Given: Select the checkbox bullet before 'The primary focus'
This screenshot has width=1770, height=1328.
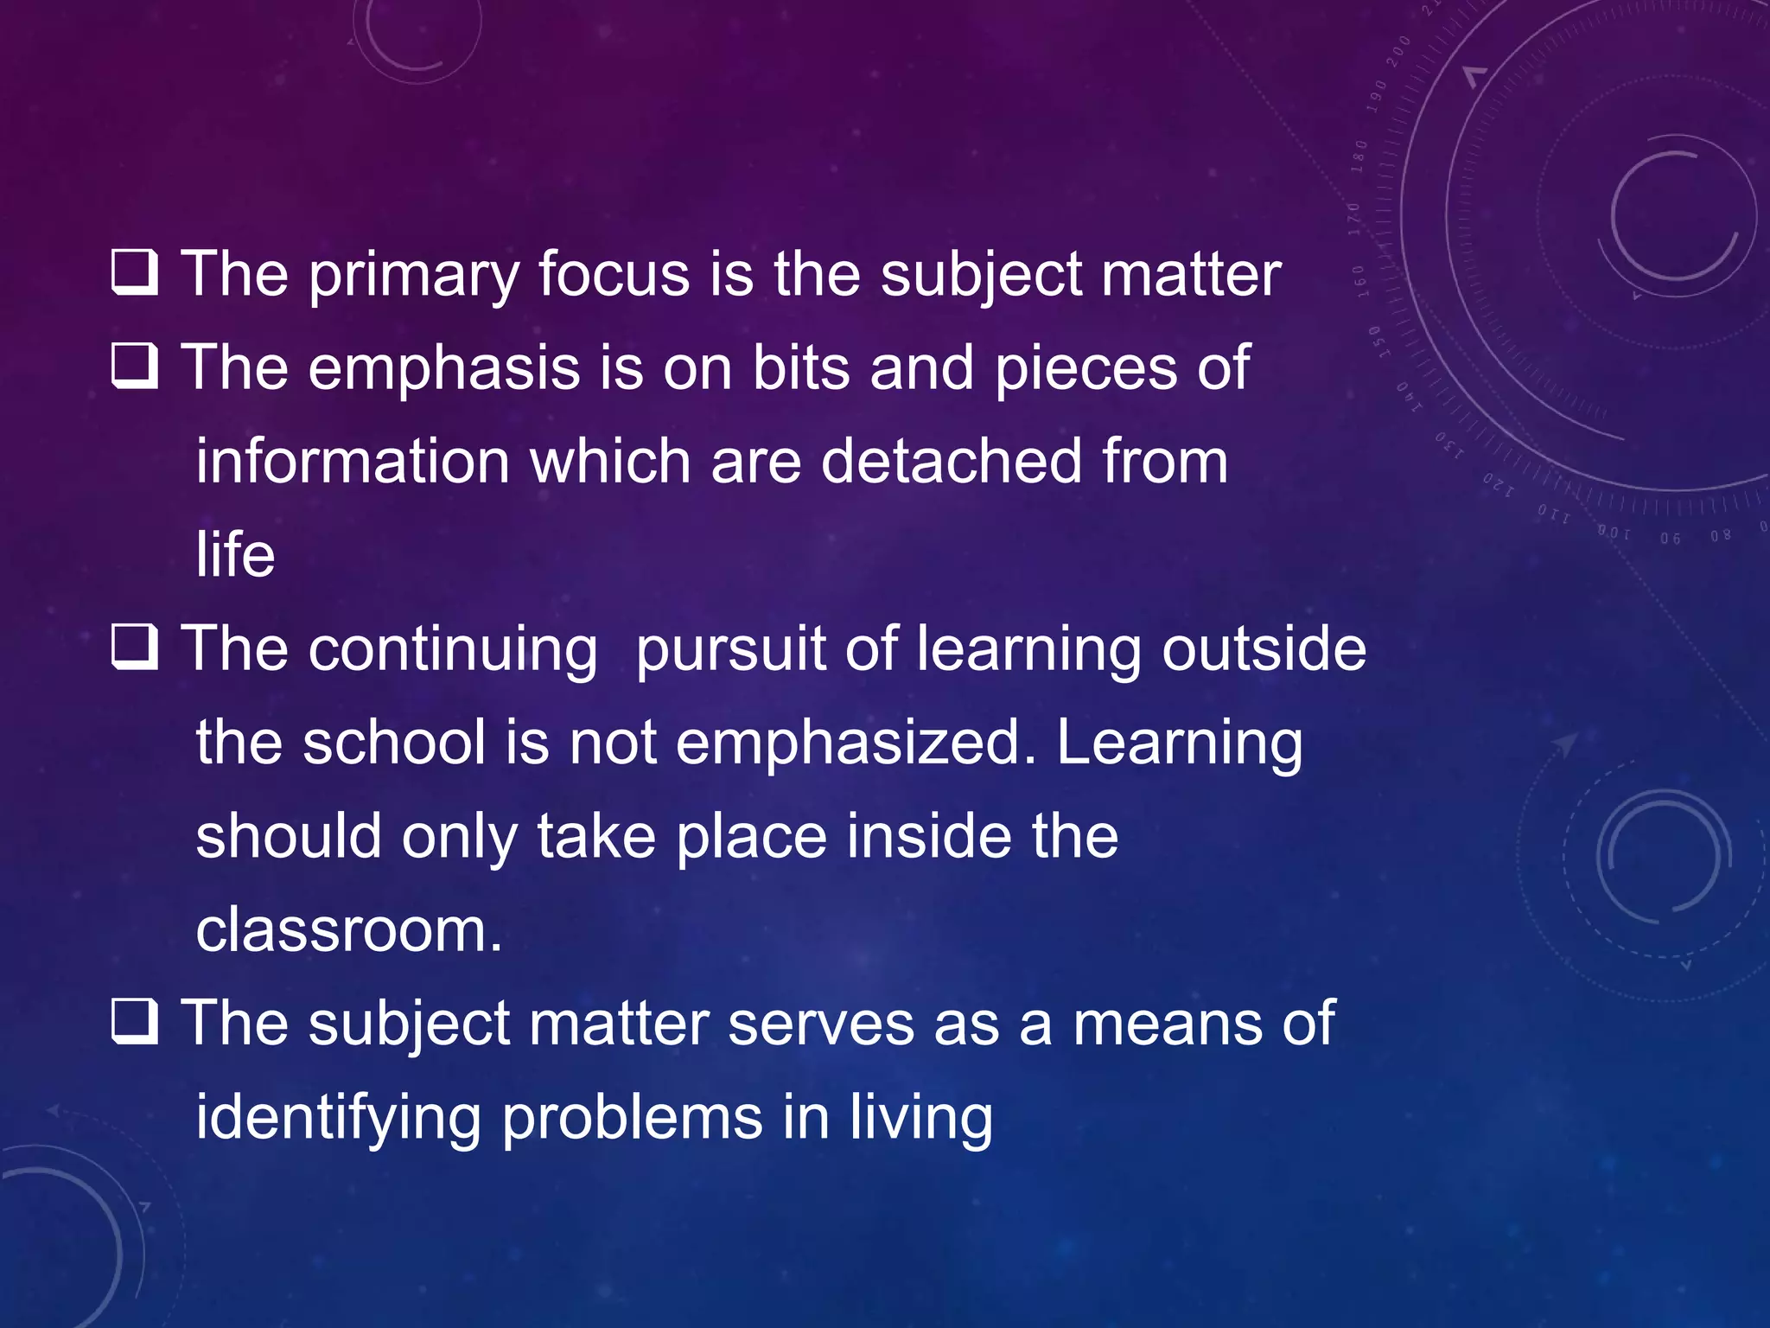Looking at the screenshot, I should point(135,272).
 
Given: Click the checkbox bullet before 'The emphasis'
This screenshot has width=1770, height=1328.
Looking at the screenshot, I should point(135,366).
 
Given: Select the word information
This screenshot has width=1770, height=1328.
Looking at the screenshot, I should point(353,461).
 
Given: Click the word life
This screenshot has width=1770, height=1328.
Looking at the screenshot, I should point(235,555).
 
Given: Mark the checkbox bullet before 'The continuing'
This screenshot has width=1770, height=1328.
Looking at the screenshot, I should point(135,648).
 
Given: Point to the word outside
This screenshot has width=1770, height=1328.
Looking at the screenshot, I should point(1264,648).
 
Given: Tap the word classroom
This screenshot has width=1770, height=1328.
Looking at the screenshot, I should point(348,931).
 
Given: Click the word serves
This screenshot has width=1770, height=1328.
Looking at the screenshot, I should point(820,1025).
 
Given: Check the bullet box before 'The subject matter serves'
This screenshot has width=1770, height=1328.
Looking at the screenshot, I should point(135,1022).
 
